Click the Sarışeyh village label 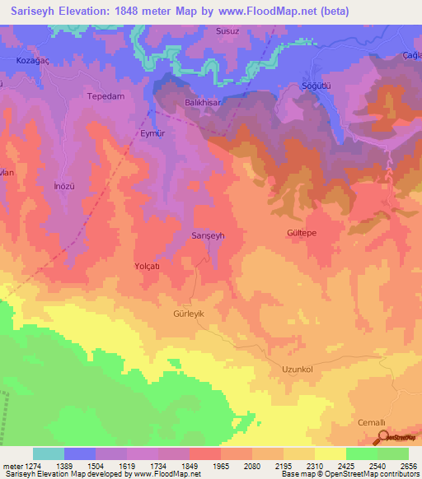point(208,235)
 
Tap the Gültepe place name point(302,233)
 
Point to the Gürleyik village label point(171,314)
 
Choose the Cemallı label point(371,422)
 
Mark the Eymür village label point(152,133)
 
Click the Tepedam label point(105,96)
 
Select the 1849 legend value point(188,466)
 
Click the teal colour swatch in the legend point(48,453)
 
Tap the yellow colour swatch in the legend point(330,453)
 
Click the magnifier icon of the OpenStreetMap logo point(382,436)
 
